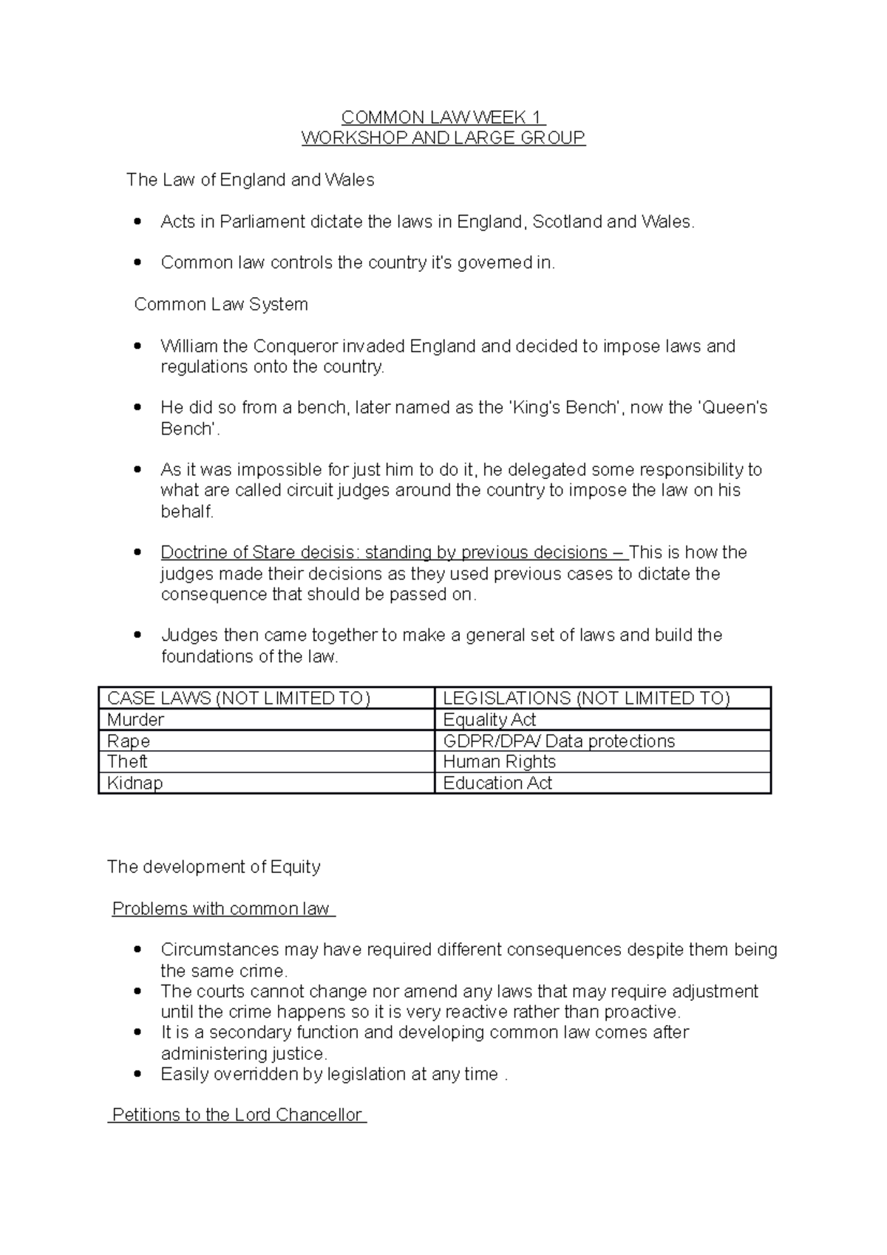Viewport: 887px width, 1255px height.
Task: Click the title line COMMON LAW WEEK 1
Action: [x=443, y=118]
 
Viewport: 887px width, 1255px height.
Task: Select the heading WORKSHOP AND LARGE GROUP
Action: [x=443, y=138]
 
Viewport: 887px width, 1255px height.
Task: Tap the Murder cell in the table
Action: [x=135, y=720]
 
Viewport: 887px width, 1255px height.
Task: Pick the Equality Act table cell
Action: [x=489, y=720]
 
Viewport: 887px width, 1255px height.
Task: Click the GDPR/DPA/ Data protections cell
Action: [x=559, y=741]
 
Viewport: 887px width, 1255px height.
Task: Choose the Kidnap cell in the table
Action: [x=135, y=783]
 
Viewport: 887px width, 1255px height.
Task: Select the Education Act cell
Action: [x=497, y=783]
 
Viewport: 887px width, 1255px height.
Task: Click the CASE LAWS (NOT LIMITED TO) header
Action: [x=239, y=698]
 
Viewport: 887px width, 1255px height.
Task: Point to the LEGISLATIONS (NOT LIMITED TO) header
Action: [x=586, y=698]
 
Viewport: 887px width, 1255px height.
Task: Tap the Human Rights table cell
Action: [x=500, y=762]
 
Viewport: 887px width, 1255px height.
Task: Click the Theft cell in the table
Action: [x=127, y=762]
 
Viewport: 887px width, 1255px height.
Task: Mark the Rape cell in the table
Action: [x=129, y=741]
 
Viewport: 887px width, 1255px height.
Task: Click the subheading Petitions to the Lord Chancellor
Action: [x=237, y=1115]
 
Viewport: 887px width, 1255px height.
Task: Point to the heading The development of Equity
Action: [x=214, y=867]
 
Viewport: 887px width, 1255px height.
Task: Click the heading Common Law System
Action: [x=221, y=305]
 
